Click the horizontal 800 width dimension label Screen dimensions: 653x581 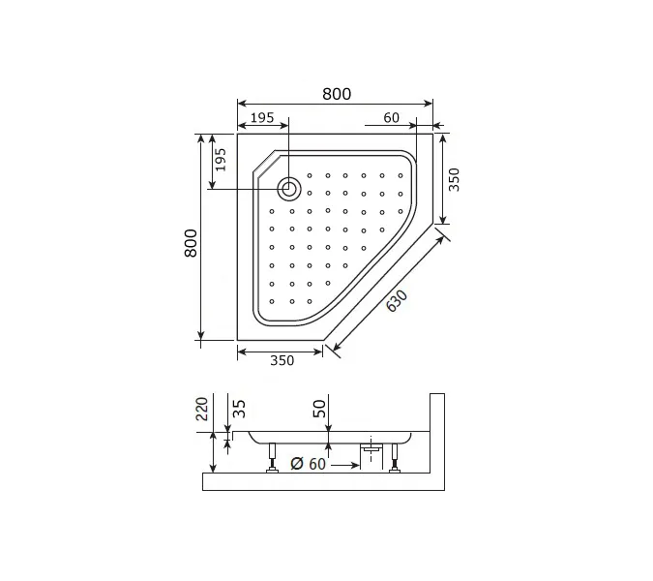coord(337,94)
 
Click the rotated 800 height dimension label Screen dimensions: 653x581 coord(191,243)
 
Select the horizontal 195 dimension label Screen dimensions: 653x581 coord(262,118)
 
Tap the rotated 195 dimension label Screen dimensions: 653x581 coord(220,160)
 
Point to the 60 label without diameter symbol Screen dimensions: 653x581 coord(391,118)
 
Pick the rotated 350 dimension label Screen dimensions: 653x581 coord(454,179)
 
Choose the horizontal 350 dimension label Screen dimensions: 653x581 coord(282,360)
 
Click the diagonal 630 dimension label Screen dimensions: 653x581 coord(397,300)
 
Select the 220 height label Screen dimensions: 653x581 coord(202,409)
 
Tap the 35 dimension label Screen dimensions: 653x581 coord(239,409)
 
